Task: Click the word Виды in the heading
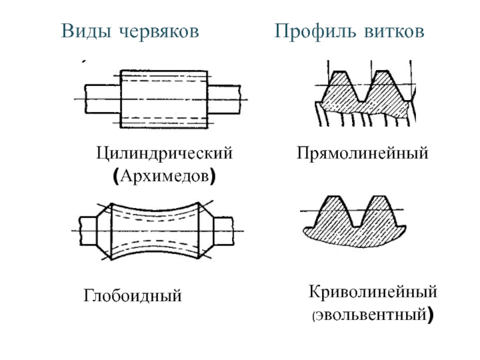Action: coord(86,31)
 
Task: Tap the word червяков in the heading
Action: coord(159,31)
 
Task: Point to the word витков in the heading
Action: coord(394,31)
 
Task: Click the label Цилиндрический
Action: coord(164,153)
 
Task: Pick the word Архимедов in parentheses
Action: coord(164,176)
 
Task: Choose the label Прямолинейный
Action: coord(362,153)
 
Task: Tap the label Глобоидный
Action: coord(133,296)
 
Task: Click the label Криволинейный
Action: coord(373,292)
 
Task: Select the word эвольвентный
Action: coord(371,315)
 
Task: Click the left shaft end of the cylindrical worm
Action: coord(102,99)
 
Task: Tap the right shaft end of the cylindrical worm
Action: coord(224,99)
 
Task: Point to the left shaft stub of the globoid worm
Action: coord(88,231)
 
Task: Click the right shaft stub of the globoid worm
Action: coord(223,231)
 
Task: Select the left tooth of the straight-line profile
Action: coord(340,87)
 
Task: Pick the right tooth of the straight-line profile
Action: coord(383,87)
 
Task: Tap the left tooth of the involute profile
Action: coord(334,212)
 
